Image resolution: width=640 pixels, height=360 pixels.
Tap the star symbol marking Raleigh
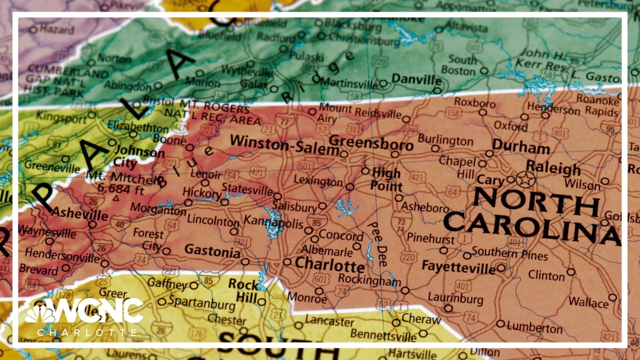(x=526, y=180)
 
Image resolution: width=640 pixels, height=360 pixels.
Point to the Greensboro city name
(x=371, y=143)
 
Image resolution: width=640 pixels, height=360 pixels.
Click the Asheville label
(x=80, y=214)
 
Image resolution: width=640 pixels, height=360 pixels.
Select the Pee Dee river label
(x=378, y=241)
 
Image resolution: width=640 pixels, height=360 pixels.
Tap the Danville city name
(x=416, y=79)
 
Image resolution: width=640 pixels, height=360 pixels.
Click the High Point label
(x=386, y=179)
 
